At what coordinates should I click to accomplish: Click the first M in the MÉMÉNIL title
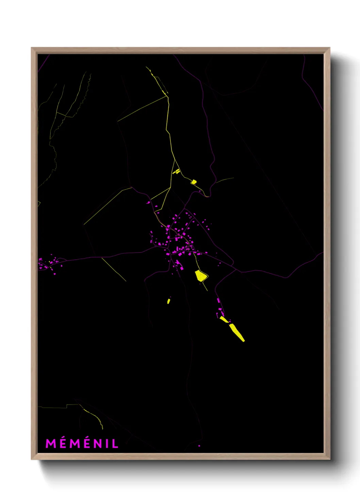51,444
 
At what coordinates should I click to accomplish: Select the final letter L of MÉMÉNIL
116,444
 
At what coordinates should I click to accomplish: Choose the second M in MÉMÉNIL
75,444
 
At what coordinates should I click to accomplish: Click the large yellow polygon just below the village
201,275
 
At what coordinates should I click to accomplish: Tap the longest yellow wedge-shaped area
237,333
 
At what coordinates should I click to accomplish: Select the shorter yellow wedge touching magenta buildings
224,319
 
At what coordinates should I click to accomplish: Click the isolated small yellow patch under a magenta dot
168,301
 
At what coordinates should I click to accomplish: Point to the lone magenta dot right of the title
199,446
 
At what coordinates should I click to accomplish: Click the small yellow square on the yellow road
194,182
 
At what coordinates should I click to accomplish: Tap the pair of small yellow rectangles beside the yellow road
177,171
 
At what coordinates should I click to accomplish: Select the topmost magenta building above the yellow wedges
218,300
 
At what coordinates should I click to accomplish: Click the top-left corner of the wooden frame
32,48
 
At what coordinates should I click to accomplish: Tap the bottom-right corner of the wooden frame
329,459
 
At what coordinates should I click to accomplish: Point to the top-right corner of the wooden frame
329,48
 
